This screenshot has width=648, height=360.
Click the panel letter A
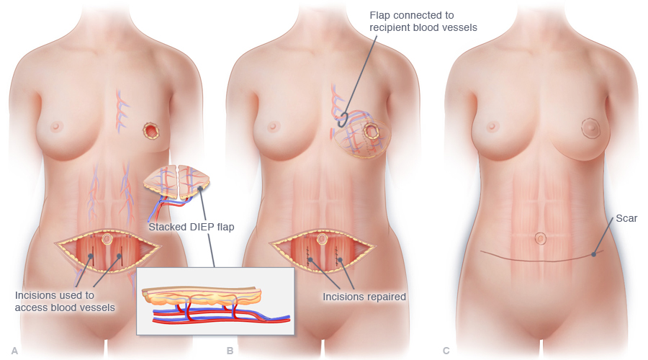14,351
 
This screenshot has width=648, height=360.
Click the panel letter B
230,351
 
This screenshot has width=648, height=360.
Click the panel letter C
446,351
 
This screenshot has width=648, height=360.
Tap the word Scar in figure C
626,218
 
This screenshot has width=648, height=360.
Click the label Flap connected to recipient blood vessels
423,21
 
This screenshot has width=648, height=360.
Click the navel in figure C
540,237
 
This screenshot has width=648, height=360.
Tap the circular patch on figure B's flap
372,132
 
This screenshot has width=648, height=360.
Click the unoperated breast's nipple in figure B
273,127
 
